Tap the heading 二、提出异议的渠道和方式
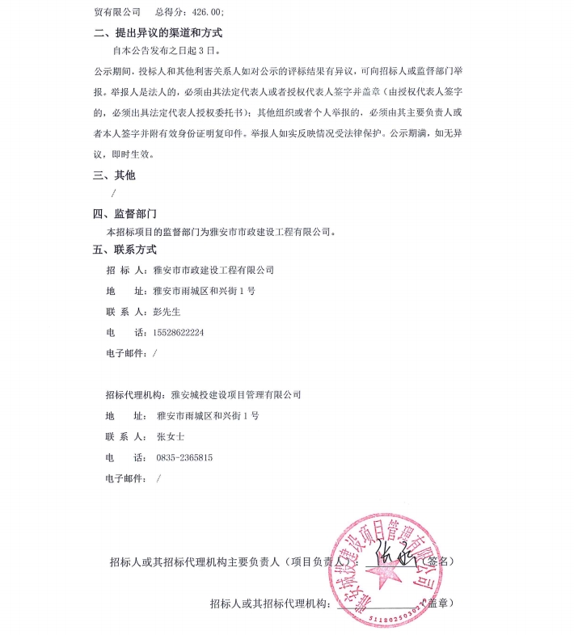point(158,33)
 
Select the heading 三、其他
point(115,175)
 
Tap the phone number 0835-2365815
point(184,457)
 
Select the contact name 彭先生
point(165,312)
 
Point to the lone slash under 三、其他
point(113,193)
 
